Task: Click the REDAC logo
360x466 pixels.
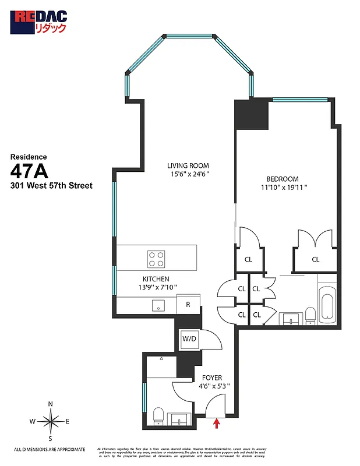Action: [39, 22]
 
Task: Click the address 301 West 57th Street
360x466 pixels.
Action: [51, 186]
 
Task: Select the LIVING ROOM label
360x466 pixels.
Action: [188, 165]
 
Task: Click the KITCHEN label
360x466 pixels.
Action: [156, 279]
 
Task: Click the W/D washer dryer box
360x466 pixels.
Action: [189, 338]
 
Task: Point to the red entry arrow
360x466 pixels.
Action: [217, 423]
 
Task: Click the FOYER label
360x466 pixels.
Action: [211, 377]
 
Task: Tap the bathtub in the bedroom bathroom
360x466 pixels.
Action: [327, 305]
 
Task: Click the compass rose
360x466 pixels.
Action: [51, 421]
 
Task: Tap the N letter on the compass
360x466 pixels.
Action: [51, 404]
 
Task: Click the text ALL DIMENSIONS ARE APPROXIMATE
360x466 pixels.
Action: [50, 449]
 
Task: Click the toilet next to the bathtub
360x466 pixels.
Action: [310, 316]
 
